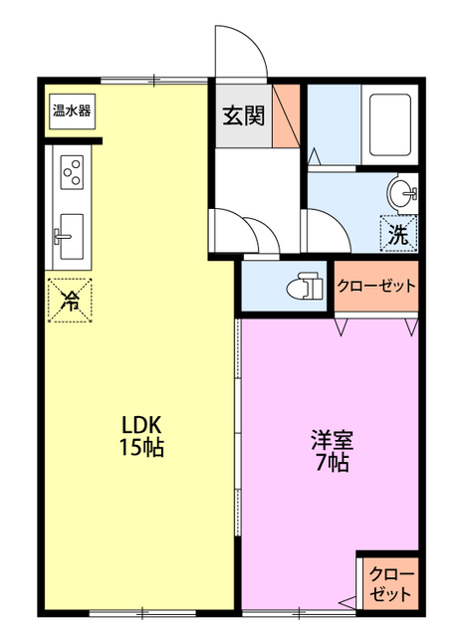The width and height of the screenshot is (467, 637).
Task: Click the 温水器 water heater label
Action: pyautogui.click(x=72, y=110)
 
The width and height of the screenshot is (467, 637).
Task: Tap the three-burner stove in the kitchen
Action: pyautogui.click(x=72, y=172)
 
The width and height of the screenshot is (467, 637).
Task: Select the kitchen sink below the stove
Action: pyautogui.click(x=71, y=230)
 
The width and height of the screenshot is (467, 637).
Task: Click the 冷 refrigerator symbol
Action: pyautogui.click(x=72, y=299)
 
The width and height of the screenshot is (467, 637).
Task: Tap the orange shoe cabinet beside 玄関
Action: pyautogui.click(x=286, y=115)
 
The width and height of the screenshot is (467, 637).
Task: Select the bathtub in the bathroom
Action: pyautogui.click(x=391, y=127)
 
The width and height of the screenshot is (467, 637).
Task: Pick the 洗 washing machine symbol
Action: pyautogui.click(x=398, y=235)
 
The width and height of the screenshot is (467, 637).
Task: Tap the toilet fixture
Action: pyautogui.click(x=304, y=287)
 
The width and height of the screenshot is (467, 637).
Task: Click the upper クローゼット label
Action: pyautogui.click(x=375, y=286)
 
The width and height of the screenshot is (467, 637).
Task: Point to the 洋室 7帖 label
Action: pyautogui.click(x=331, y=450)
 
